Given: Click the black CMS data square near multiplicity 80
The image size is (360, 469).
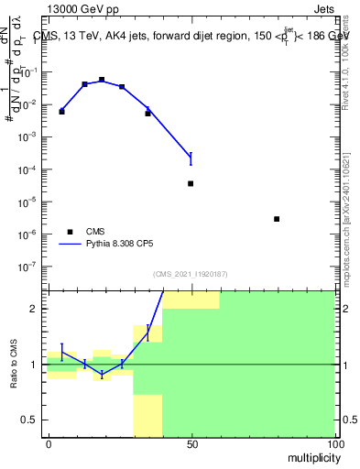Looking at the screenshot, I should (277, 219).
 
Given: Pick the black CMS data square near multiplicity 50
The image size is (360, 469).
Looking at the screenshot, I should (191, 183).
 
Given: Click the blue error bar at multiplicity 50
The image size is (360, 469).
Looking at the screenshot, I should (191, 158).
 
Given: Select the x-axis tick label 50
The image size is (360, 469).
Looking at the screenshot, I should (191, 444).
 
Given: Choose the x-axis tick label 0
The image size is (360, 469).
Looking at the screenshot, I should (49, 444).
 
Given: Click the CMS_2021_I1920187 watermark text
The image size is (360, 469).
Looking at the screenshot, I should (191, 274).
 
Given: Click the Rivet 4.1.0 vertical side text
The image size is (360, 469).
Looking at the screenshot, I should (346, 69).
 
